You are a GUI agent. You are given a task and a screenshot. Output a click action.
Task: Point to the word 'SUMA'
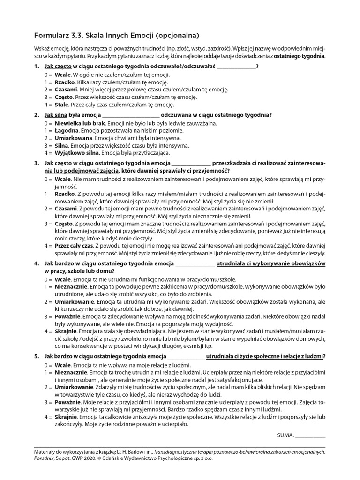(286, 435)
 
